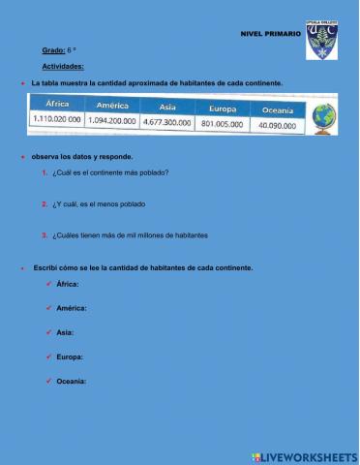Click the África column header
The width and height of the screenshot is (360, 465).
57,104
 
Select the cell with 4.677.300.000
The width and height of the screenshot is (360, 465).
167,123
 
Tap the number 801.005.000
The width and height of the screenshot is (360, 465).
222,124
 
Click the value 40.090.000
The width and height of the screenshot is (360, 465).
278,126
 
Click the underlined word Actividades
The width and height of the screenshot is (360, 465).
63,67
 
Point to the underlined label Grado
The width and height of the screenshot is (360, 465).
53,49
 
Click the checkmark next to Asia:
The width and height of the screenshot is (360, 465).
48,332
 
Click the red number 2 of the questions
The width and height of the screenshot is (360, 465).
45,204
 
